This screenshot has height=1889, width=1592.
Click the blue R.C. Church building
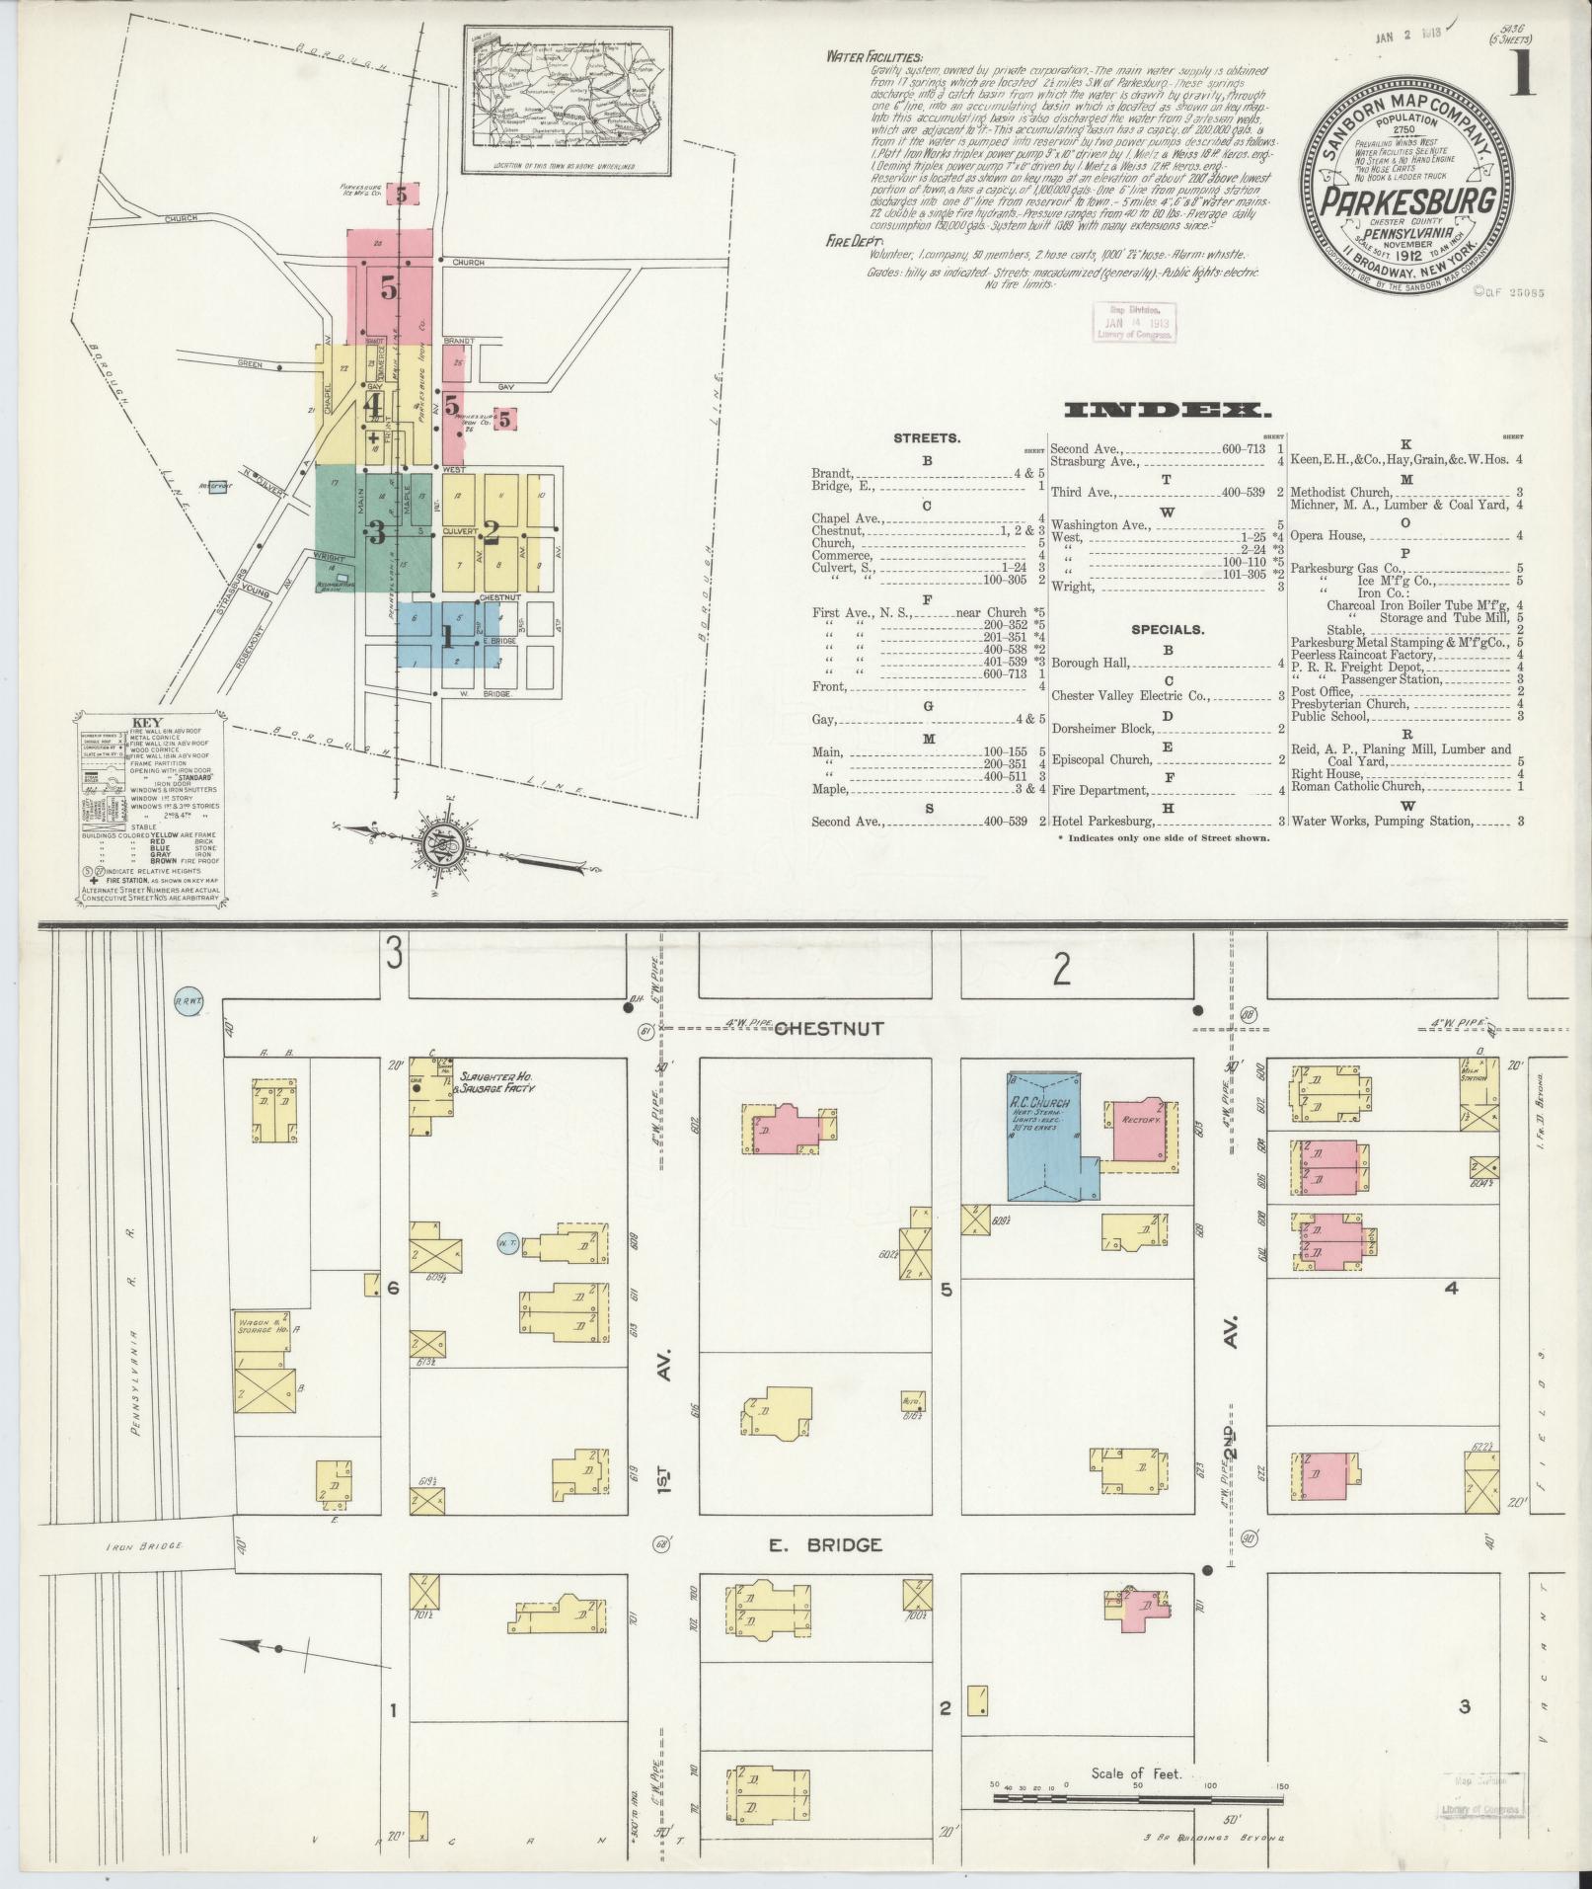[x=1044, y=1136]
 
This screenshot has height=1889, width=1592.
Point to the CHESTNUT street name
[x=829, y=1028]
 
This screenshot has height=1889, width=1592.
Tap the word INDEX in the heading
[x=1169, y=410]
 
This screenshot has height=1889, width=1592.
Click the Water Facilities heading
[x=873, y=58]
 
